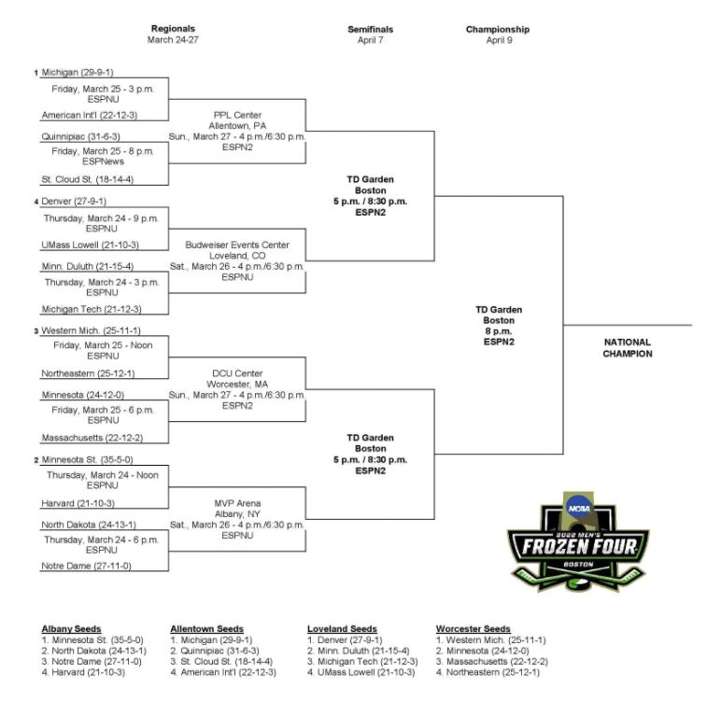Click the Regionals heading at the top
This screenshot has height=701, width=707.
point(173,28)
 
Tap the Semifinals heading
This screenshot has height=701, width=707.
point(370,29)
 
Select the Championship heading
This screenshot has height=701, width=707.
point(498,29)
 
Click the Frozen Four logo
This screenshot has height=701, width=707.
point(578,541)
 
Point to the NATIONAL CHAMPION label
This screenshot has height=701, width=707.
point(628,348)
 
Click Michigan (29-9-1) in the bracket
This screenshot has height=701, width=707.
point(78,72)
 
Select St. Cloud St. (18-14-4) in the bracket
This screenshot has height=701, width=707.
point(88,179)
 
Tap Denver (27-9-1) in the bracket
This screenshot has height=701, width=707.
point(74,201)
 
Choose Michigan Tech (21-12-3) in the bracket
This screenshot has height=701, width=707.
point(92,309)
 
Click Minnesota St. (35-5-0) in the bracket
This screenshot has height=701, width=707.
point(88,459)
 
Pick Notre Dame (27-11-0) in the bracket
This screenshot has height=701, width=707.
point(86,566)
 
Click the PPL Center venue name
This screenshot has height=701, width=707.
point(237,115)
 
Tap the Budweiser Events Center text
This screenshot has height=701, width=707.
point(237,245)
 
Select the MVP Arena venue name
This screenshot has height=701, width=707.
point(237,503)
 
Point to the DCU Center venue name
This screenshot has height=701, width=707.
point(237,373)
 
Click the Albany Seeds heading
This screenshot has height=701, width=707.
point(71,629)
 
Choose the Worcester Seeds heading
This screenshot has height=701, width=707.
point(474,629)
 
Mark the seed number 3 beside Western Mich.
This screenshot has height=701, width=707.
point(36,331)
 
